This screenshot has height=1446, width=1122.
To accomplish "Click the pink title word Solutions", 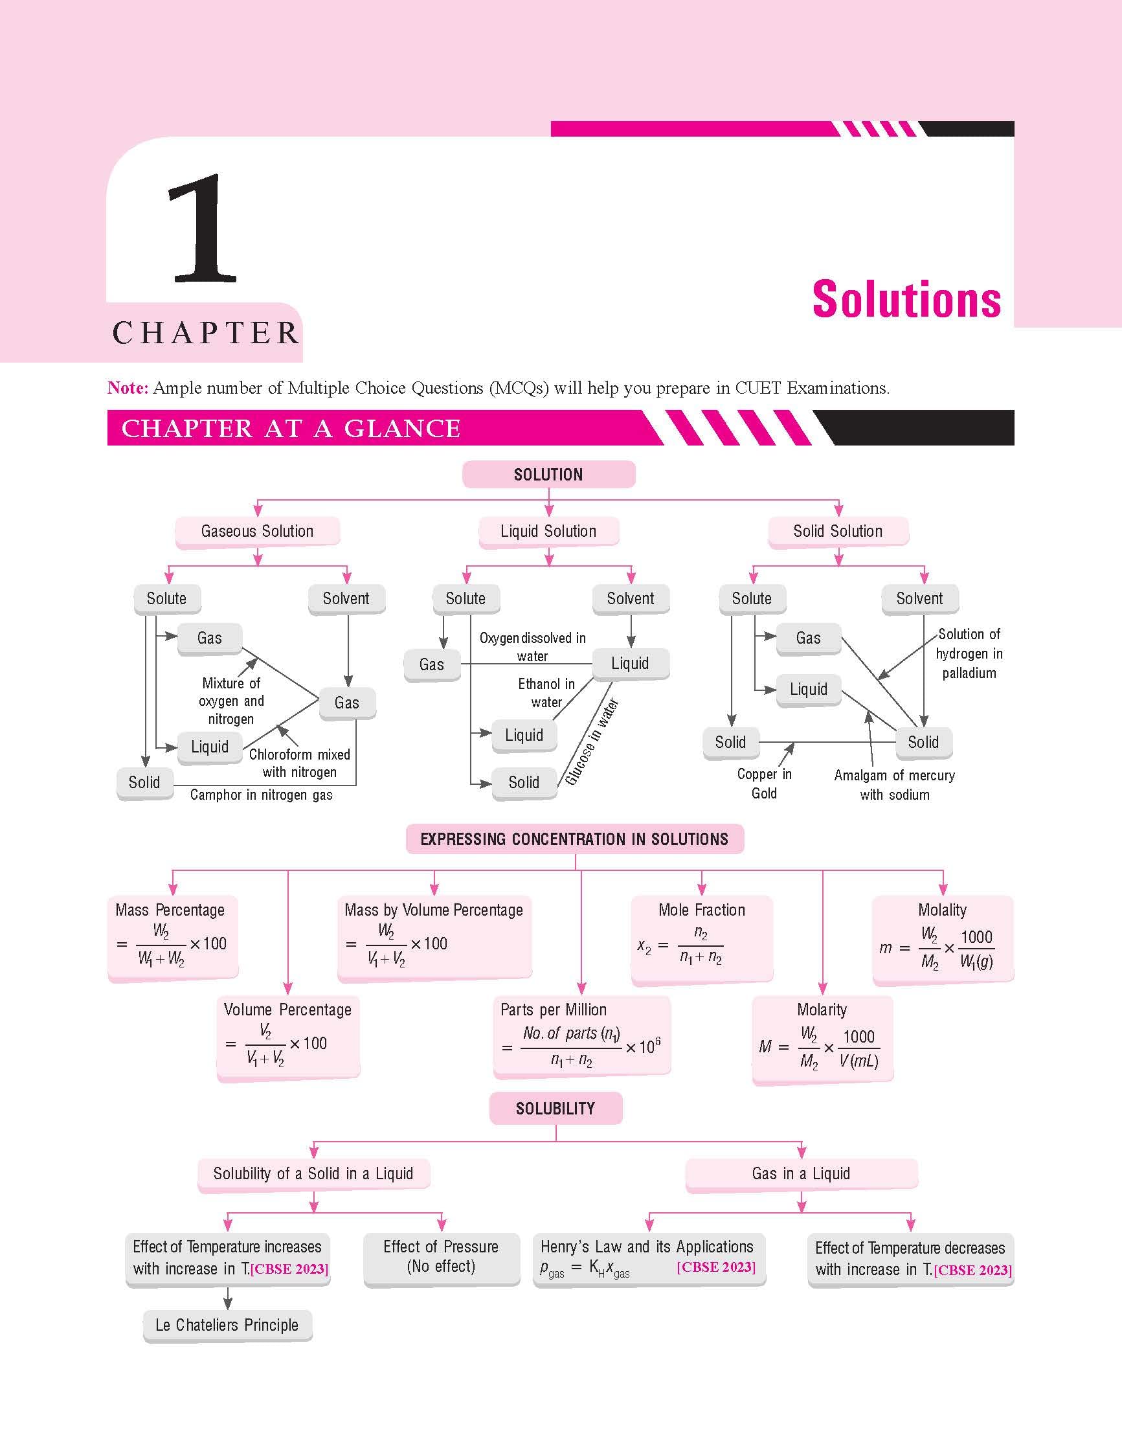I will (x=906, y=300).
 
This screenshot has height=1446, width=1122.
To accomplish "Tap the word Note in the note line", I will (x=127, y=388).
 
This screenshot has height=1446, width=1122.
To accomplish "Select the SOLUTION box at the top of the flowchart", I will (x=548, y=475).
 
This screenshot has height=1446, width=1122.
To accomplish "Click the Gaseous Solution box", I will (x=257, y=531).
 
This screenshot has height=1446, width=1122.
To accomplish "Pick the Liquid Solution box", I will (x=548, y=531).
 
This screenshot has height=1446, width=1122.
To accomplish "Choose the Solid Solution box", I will (x=837, y=531).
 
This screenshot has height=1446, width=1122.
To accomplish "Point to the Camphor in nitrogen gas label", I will (x=261, y=795).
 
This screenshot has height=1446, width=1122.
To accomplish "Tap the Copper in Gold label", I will (x=764, y=784).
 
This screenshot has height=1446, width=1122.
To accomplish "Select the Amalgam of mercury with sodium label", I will (x=894, y=785).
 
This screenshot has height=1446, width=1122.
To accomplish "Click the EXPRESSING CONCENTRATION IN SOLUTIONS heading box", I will (x=574, y=839).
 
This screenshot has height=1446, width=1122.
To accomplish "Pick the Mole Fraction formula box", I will (x=702, y=938).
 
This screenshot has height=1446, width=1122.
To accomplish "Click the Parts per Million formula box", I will (x=581, y=1037).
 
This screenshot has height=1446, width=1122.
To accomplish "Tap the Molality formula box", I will (x=942, y=938).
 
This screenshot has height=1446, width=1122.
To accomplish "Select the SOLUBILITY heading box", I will (x=555, y=1109).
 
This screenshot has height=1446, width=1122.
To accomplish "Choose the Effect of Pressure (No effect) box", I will (x=441, y=1257).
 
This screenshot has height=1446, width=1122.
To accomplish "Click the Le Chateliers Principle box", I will (x=227, y=1325).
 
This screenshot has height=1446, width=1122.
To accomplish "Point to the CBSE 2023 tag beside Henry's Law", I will (x=715, y=1267).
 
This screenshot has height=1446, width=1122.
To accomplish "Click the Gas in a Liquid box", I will (x=801, y=1173).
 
